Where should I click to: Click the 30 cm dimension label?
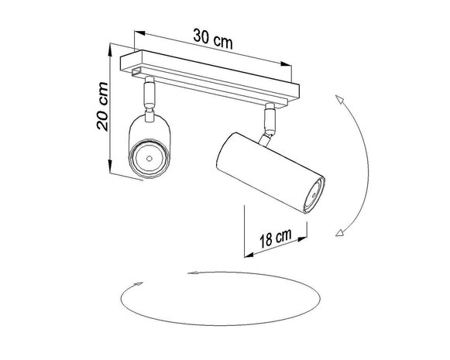tap(212, 35)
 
